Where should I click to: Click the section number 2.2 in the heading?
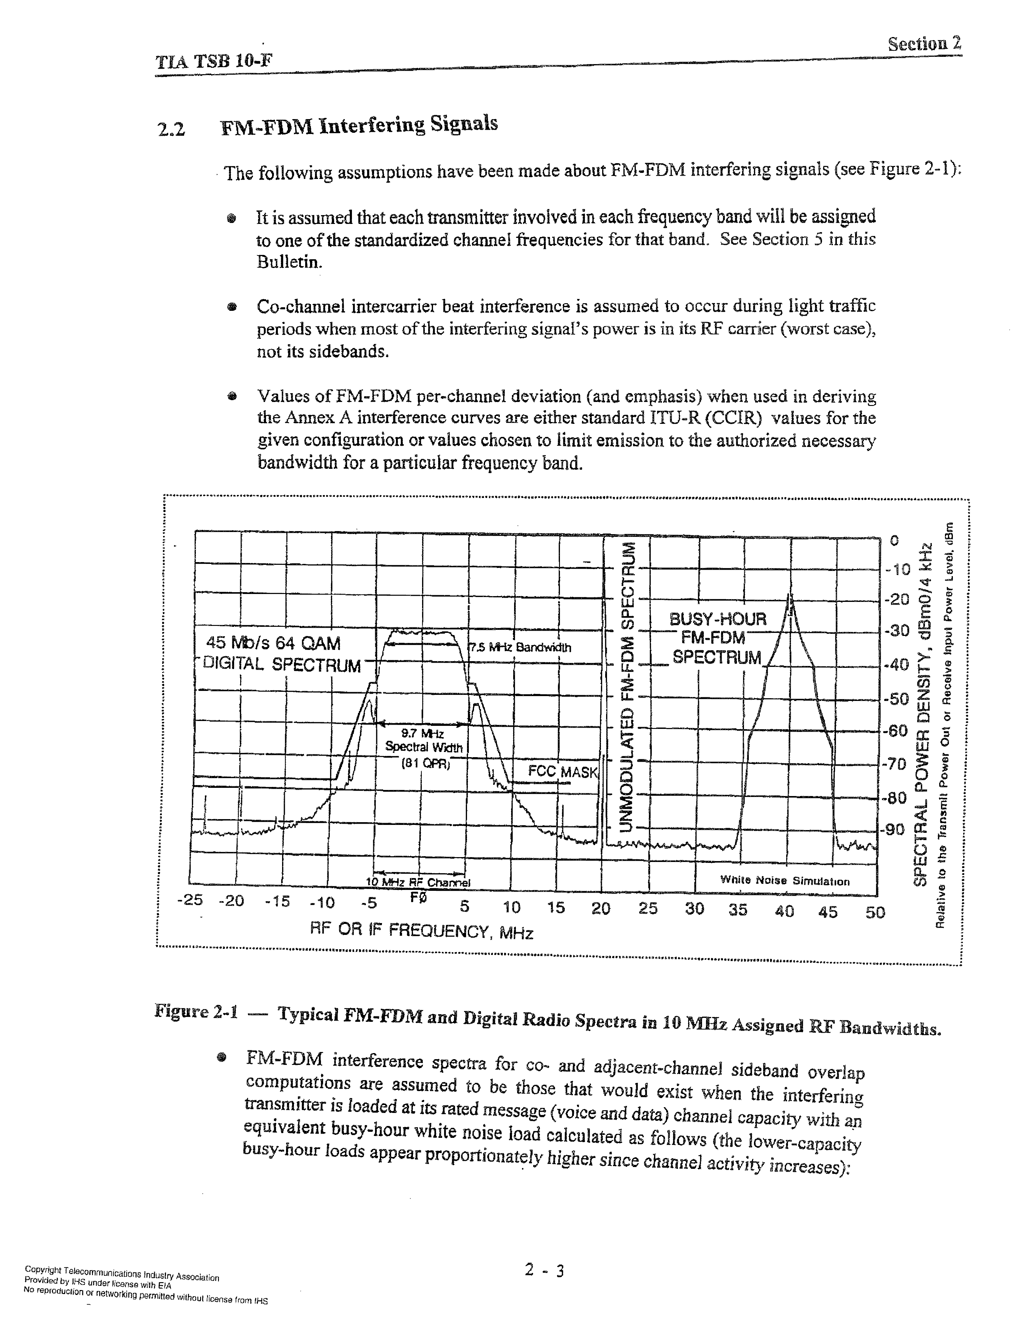click(x=171, y=129)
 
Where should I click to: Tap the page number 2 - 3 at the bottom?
click(x=544, y=1270)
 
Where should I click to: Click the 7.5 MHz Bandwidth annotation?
click(x=520, y=647)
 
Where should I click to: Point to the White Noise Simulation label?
click(x=784, y=881)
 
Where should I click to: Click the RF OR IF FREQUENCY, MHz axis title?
click(x=422, y=931)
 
